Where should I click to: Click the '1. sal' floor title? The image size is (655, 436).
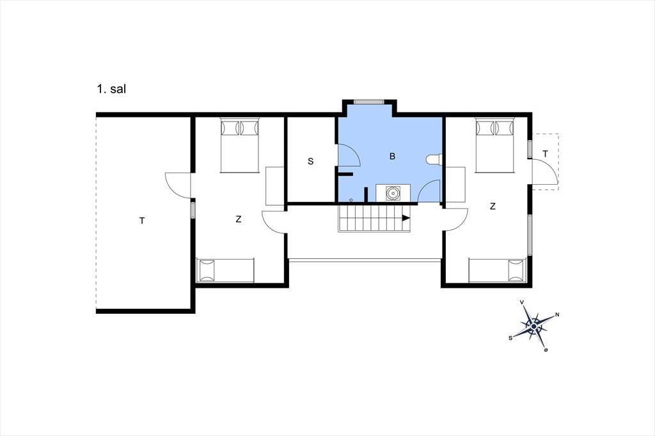(x=111, y=89)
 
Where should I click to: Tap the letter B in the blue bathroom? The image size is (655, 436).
(x=392, y=157)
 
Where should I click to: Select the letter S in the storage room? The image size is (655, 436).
(x=310, y=161)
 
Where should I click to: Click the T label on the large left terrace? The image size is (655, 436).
(x=142, y=221)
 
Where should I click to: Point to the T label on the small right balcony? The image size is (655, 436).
(x=545, y=154)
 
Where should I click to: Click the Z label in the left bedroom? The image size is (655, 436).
(x=239, y=219)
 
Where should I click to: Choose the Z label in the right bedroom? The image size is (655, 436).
(x=493, y=206)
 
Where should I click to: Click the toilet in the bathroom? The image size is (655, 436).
(x=434, y=160)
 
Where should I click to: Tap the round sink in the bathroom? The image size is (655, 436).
(x=393, y=193)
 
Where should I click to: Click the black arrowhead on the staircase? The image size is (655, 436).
(x=406, y=217)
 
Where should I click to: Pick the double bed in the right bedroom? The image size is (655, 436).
(x=494, y=145)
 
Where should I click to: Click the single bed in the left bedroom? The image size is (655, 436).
(x=225, y=270)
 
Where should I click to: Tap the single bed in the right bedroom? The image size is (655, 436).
(x=497, y=270)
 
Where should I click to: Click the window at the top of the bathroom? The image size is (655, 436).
(x=369, y=102)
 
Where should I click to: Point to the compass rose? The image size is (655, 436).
(x=534, y=326)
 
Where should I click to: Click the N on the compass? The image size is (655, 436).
(x=557, y=315)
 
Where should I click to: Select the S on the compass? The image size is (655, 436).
(x=510, y=338)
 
